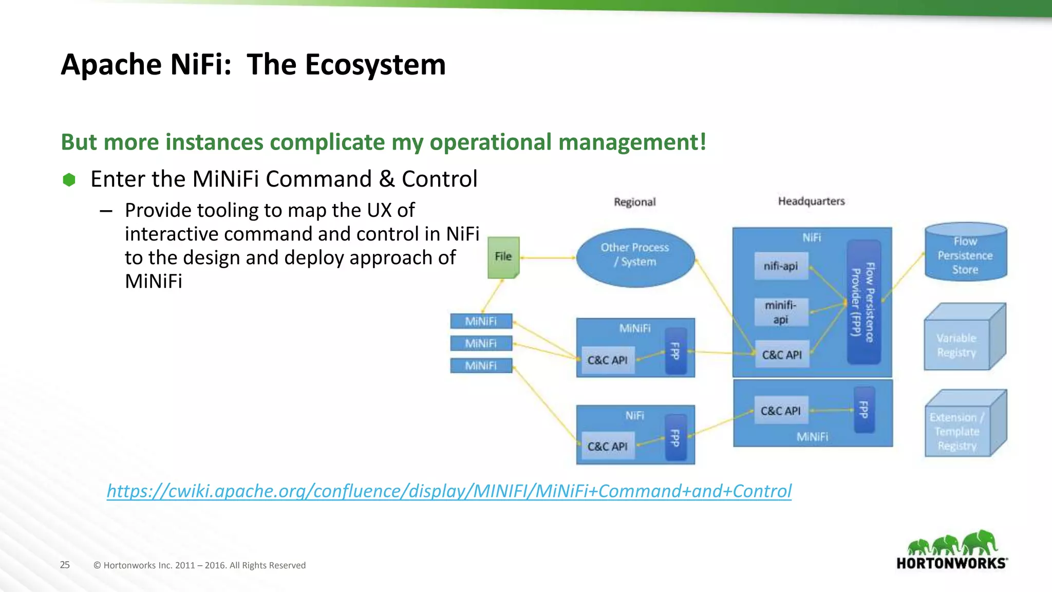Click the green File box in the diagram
pyautogui.click(x=503, y=257)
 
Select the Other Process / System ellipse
pyautogui.click(x=635, y=257)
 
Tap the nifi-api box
pyautogui.click(x=781, y=266)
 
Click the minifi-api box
pyautogui.click(x=781, y=312)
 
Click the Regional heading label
pyautogui.click(x=635, y=202)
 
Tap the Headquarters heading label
pyautogui.click(x=811, y=201)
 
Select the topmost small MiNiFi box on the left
pyautogui.click(x=481, y=321)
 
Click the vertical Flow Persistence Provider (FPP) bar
pyautogui.click(x=863, y=302)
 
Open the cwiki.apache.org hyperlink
pyautogui.click(x=449, y=491)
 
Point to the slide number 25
pyautogui.click(x=65, y=565)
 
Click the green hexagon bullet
pyautogui.click(x=69, y=180)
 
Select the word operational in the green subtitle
pyautogui.click(x=491, y=142)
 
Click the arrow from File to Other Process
pyautogui.click(x=548, y=257)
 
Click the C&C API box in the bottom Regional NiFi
pyautogui.click(x=607, y=446)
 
